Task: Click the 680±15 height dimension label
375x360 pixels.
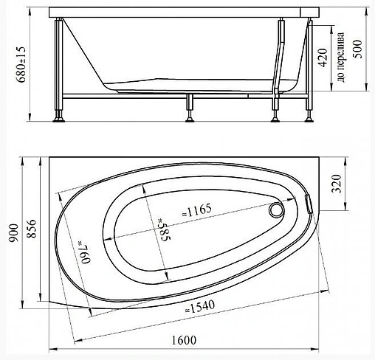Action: click(21, 64)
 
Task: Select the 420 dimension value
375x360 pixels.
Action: click(323, 58)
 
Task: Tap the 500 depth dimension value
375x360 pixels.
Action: click(358, 49)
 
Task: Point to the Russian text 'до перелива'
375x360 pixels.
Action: click(341, 57)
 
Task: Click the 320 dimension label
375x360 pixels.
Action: click(337, 184)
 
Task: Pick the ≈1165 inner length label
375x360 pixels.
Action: click(196, 210)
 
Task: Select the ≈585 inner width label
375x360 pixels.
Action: click(164, 229)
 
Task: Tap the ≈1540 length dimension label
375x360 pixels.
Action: click(200, 306)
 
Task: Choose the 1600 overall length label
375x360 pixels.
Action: click(184, 340)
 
